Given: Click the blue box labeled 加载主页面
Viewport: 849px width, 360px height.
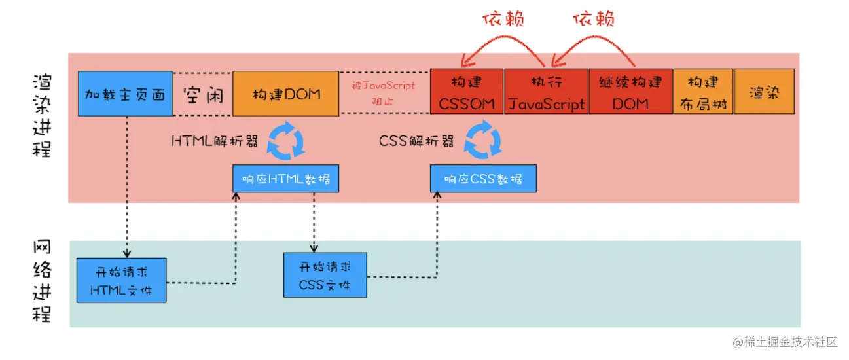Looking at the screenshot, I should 125,94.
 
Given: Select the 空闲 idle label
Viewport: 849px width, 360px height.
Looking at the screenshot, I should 203,94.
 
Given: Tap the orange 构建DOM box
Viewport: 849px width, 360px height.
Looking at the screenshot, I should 286,94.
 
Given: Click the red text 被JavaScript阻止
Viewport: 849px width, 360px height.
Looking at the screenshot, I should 384,94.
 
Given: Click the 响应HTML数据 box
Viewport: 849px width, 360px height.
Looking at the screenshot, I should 286,179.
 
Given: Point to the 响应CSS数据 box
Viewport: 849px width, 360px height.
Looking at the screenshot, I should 483,179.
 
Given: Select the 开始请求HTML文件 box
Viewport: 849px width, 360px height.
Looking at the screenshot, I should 120,279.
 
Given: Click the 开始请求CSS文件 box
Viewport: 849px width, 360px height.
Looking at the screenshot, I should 325,276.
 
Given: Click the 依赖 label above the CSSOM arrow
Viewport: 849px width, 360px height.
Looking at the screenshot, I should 504,20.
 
